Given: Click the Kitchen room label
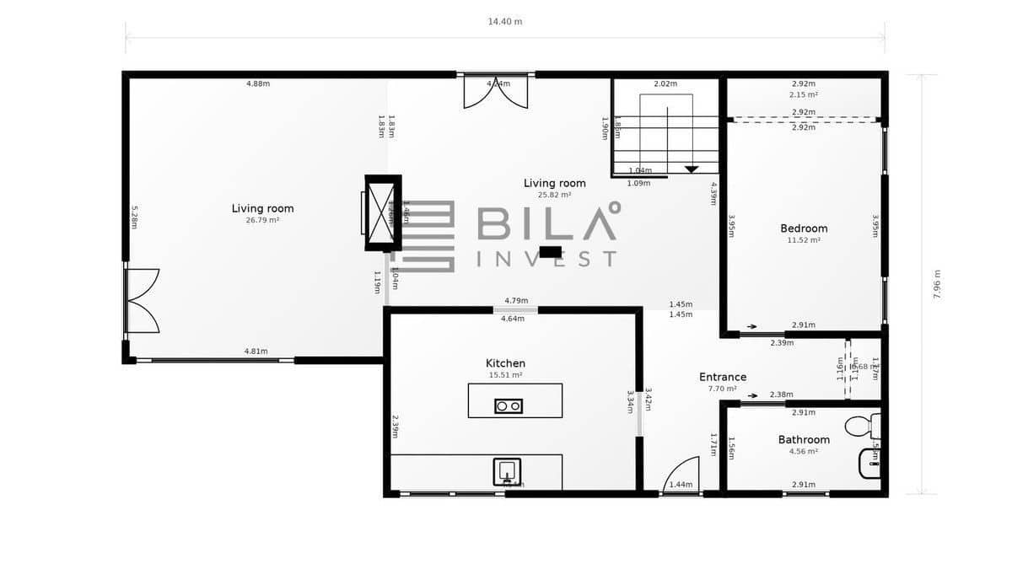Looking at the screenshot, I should coord(506,363).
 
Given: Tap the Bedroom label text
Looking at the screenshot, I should coord(804,228).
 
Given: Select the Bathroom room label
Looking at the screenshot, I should coord(804,439).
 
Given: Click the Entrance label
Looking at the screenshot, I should coord(723,377).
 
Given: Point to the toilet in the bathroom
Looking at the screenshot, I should coord(863,426).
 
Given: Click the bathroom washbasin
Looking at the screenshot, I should coord(869,463).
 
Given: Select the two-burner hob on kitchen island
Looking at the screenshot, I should coord(509,406).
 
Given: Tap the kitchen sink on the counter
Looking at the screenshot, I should coord(507,472).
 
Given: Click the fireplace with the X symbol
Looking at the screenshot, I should coord(382,212).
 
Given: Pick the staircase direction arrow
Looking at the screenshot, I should coord(692,169).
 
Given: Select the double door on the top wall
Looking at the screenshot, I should coord(496,92).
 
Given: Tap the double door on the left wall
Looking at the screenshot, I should coord(142,301).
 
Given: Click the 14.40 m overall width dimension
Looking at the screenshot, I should coord(505,21).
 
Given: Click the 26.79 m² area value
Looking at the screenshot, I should coord(262,220).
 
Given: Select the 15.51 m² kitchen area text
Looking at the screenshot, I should coord(505,375).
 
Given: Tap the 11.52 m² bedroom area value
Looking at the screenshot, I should coord(804,240).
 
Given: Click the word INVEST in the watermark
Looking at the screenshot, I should coord(546,259).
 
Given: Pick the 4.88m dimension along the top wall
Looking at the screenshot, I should coord(258,83).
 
